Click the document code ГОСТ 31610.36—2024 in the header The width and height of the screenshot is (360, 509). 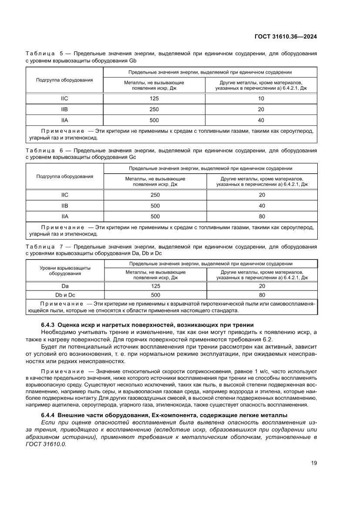tap(285, 37)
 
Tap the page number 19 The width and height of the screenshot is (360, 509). tap(313, 463)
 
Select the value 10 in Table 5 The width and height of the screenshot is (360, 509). tap(261, 98)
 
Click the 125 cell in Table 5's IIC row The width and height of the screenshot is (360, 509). tap(154, 98)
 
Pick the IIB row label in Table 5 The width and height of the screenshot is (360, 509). tap(64, 109)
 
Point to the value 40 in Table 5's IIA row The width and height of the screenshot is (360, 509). tap(261, 120)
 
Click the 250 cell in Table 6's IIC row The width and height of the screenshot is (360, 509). tap(155, 195)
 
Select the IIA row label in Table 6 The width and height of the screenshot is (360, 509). tap(64, 216)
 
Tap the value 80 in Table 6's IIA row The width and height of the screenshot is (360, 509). tap(262, 216)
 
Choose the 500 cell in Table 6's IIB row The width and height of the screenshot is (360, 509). tap(155, 206)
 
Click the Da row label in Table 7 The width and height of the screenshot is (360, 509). tap(64, 286)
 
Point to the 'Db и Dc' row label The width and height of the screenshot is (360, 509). tap(64, 295)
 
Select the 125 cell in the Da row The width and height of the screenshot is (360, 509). tap(155, 286)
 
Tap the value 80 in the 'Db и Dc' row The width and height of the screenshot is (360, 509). tap(262, 295)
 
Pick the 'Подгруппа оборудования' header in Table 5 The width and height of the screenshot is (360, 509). tap(64, 80)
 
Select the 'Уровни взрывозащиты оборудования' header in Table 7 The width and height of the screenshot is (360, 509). tap(64, 270)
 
